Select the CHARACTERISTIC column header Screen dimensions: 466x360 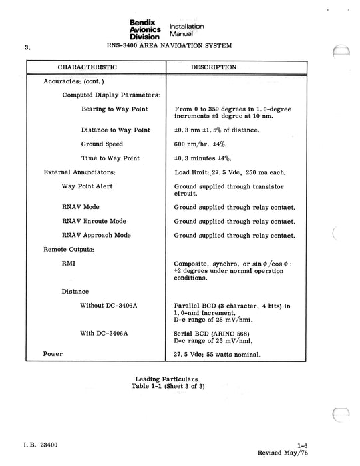click(x=88, y=67)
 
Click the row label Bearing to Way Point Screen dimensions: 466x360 click(x=114, y=109)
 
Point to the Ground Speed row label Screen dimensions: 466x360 click(x=102, y=144)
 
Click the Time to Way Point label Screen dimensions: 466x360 click(x=110, y=158)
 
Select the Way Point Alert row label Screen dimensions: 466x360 click(x=87, y=186)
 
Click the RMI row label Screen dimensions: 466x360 click(x=69, y=263)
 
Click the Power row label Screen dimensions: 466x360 click(x=53, y=353)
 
